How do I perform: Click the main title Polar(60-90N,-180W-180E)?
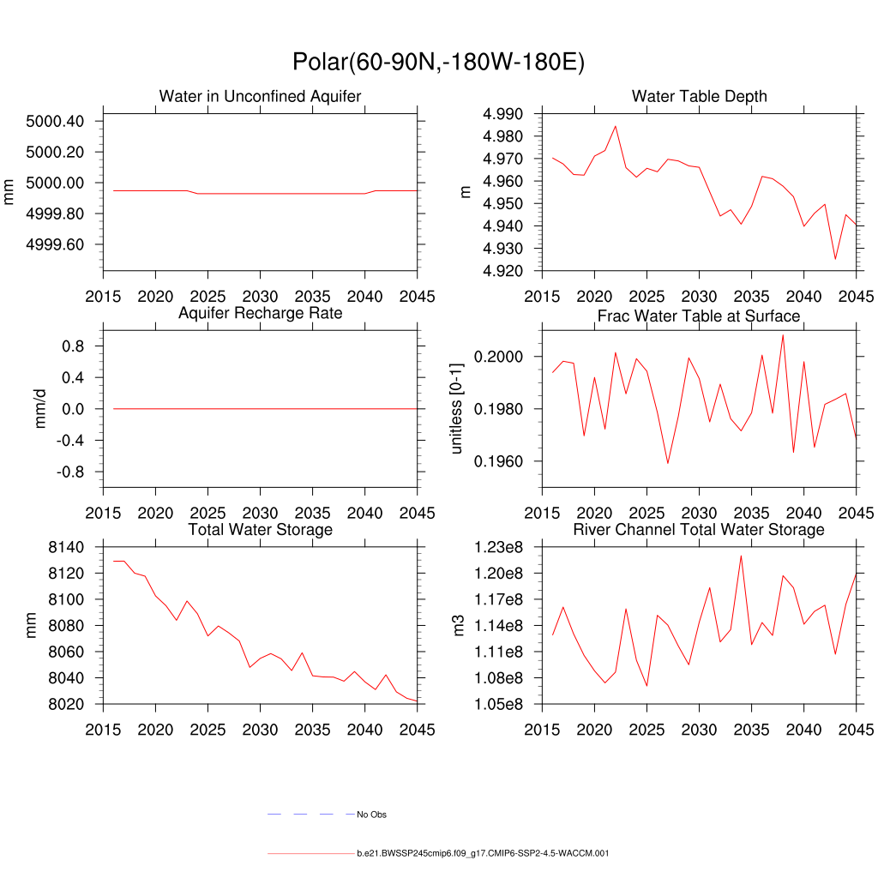point(438,63)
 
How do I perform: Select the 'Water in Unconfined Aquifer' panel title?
point(260,96)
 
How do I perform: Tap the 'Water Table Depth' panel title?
point(699,96)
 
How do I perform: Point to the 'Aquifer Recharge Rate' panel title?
point(260,313)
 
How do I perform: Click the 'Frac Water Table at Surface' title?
point(699,316)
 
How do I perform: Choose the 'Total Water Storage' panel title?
point(260,530)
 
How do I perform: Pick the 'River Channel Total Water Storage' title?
point(699,530)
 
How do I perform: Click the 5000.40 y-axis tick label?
point(55,121)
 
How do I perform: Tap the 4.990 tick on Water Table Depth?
point(509,114)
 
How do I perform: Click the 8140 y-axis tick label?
point(67,547)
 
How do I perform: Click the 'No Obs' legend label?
point(372,815)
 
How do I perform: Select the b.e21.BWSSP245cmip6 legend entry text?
point(483,854)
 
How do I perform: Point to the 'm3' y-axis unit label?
point(466,626)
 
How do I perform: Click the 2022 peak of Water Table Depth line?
point(615,126)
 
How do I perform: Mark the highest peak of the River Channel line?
point(741,556)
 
